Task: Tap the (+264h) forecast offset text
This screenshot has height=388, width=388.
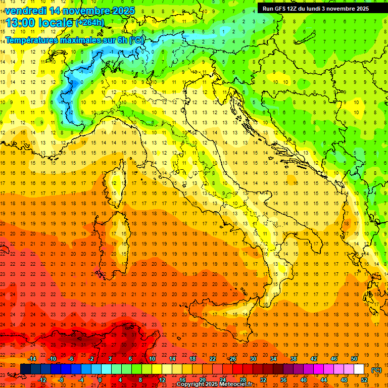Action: pos(90,23)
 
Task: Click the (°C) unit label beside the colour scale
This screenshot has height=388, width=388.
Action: pos(376,370)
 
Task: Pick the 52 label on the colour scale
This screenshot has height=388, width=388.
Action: pos(364,380)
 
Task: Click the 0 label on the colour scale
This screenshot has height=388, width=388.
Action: pos(100,380)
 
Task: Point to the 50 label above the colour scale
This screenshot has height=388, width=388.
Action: pos(354,359)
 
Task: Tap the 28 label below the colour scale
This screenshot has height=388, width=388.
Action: pos(243,380)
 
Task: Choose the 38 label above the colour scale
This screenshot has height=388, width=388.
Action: pos(293,359)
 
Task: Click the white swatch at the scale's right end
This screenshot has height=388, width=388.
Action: pos(359,369)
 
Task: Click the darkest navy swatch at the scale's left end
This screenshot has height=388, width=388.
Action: pos(25,369)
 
